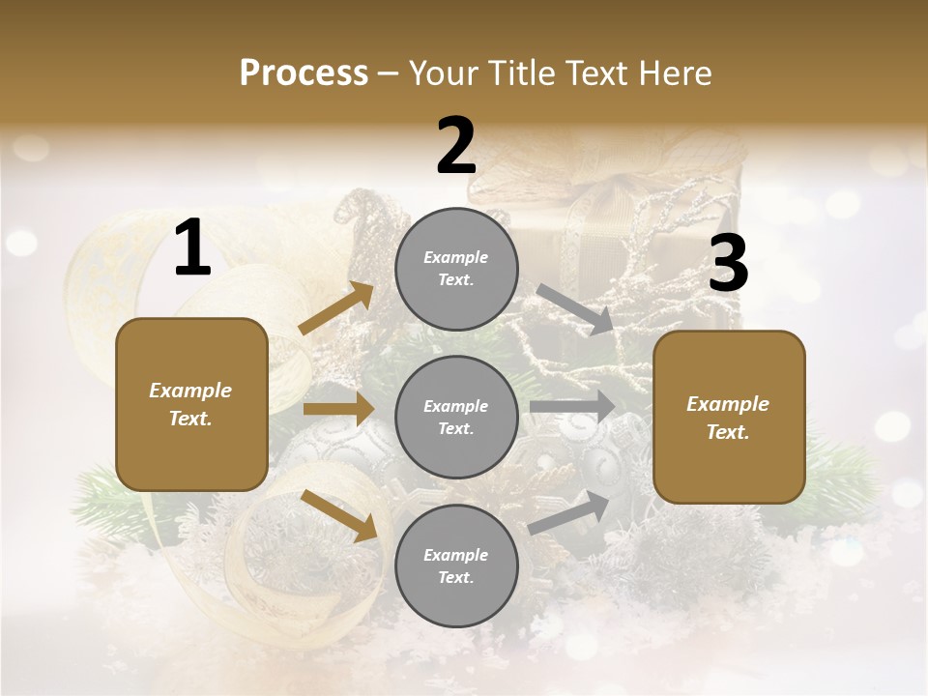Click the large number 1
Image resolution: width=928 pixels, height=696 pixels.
[x=192, y=248]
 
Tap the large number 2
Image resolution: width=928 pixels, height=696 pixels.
[x=455, y=146]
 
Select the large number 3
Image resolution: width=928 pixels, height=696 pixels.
[x=728, y=265]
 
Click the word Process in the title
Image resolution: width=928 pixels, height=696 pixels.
[x=304, y=72]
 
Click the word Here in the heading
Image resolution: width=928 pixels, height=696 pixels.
[x=675, y=72]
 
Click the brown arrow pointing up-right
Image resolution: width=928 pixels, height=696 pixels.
[x=336, y=308]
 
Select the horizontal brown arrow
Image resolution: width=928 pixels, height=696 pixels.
[x=338, y=409]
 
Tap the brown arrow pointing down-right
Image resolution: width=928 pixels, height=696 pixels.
[x=339, y=514]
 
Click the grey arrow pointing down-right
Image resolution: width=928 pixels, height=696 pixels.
[x=575, y=308]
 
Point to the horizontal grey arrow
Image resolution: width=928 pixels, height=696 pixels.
[x=572, y=407]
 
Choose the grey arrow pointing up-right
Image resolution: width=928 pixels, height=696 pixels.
[x=569, y=512]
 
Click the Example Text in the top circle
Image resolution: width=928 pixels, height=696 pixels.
[x=456, y=269]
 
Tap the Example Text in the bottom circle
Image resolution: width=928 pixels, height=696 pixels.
[x=456, y=566]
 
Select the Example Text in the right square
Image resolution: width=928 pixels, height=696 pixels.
[x=728, y=418]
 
